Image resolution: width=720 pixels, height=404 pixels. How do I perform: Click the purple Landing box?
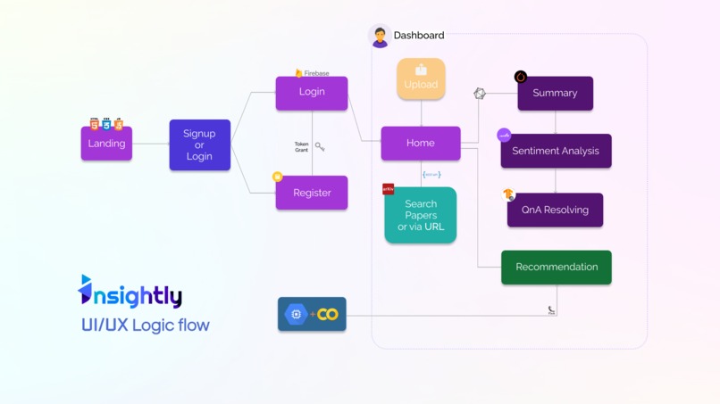point(106,144)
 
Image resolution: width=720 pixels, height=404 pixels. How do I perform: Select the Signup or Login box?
point(199,144)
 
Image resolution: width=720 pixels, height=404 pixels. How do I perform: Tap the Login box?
point(312,93)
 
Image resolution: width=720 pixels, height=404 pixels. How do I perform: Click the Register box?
point(312,193)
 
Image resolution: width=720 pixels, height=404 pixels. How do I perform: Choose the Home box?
point(421,144)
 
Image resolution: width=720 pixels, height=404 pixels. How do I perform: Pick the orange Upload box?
point(421,79)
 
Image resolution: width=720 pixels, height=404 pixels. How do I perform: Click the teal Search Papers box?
point(421,216)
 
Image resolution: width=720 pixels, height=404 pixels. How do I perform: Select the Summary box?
point(555,94)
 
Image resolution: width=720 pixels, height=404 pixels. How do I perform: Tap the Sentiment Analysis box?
point(556,152)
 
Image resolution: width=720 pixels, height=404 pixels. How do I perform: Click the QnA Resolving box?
point(555,210)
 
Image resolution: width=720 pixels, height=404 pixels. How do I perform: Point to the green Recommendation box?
point(557,268)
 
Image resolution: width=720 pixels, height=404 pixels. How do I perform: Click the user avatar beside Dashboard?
point(380,37)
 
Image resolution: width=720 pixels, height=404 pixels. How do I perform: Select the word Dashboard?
point(419,36)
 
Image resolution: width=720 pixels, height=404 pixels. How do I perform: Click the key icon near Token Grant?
point(320,146)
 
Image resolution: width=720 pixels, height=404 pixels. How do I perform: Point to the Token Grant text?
point(301,146)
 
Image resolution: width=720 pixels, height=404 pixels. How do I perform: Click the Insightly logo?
point(130,292)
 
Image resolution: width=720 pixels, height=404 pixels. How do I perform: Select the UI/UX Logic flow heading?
point(146,326)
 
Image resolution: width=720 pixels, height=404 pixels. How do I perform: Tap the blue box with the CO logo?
point(312,314)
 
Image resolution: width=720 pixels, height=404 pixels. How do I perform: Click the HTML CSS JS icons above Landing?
point(105,124)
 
